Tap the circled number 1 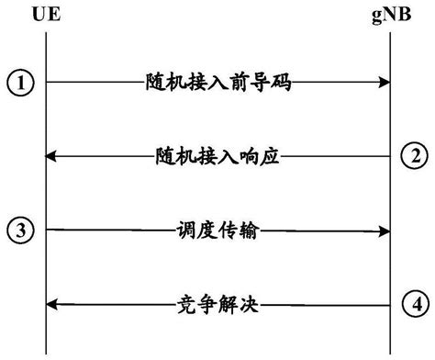[x=18, y=83]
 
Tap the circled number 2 [x=415, y=156]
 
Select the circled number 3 [x=18, y=230]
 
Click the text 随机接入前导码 [x=217, y=83]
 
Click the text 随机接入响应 [x=217, y=156]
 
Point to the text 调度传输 [x=217, y=231]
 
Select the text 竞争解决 [x=217, y=303]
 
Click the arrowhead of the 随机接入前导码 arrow [x=383, y=83]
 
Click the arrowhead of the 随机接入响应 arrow [x=52, y=156]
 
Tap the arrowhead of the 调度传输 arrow [x=383, y=230]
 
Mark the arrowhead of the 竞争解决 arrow [x=52, y=303]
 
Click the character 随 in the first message [x=153, y=83]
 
